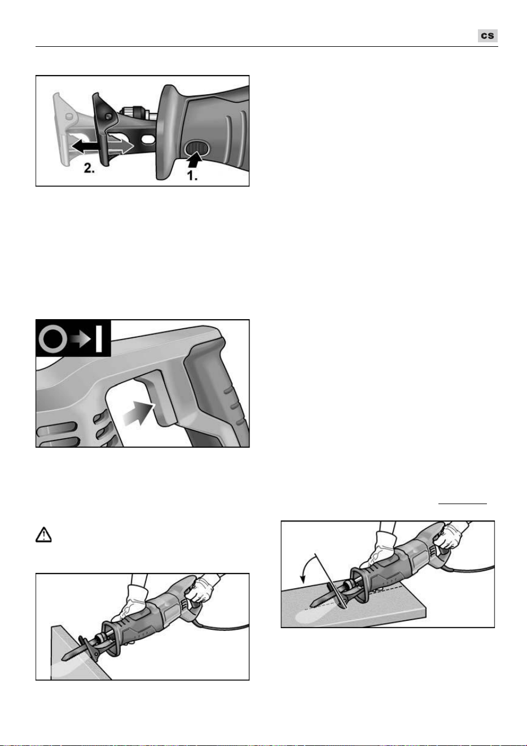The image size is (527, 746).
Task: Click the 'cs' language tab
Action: [x=488, y=36]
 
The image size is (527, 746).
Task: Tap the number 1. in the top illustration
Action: [x=192, y=175]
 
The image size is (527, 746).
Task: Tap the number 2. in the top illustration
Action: [x=89, y=168]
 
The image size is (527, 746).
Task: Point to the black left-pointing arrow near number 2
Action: [x=85, y=146]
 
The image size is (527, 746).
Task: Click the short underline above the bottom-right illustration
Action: [x=462, y=504]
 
